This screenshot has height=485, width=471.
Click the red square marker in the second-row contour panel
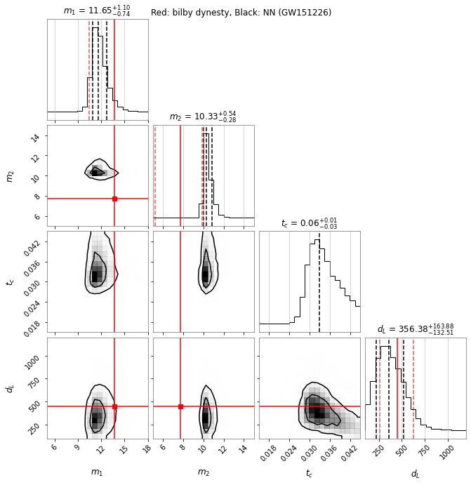114,199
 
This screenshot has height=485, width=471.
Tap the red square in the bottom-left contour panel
114,406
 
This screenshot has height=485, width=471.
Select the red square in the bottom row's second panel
180,406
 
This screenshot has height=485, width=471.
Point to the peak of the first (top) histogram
97,29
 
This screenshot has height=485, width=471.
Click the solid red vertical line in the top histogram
114,70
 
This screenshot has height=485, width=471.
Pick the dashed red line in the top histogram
89,70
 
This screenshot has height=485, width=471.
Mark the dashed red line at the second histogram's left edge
155,175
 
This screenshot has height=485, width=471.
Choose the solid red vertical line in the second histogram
180,175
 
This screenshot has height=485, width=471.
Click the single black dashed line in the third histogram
319,281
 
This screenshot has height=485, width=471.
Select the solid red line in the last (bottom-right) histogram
397,386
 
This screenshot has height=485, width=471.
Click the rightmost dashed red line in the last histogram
413,386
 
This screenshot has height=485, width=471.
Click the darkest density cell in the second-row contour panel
95,172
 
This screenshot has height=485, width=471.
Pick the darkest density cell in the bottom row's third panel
320,414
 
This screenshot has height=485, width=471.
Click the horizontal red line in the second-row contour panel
70,199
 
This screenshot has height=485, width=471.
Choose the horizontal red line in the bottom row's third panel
281,406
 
